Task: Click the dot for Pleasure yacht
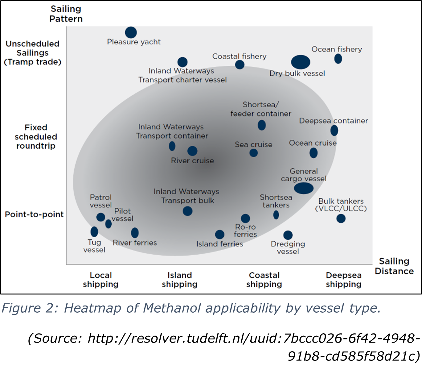pos(131,32)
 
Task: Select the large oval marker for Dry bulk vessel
pos(301,62)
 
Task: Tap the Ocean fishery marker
pos(338,59)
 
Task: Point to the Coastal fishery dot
pos(240,65)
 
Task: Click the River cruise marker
pos(192,151)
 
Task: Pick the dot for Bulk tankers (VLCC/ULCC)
pos(341,219)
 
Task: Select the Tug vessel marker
pos(94,232)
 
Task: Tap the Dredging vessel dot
pos(288,235)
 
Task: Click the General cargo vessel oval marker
pos(304,188)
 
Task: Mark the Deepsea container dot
pos(334,131)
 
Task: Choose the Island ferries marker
pos(219,235)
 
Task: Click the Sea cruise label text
pos(253,144)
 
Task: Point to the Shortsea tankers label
pos(276,201)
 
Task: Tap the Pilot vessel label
pos(123,215)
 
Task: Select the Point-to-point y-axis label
pos(34,214)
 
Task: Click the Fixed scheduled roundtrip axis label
pos(36,137)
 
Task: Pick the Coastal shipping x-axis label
pos(264,280)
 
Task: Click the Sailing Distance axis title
pos(394,266)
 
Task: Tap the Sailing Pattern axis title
pos(66,14)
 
